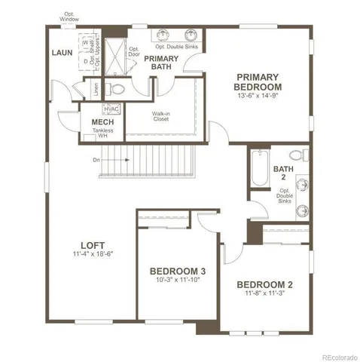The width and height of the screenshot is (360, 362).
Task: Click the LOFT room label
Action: click(x=93, y=245)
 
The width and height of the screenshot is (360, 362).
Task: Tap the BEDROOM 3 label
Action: click(x=178, y=271)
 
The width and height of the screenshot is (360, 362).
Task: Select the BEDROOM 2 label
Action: click(x=264, y=284)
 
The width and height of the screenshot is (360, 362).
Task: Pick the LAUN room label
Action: click(x=62, y=53)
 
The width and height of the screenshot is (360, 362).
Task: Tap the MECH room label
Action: click(x=102, y=123)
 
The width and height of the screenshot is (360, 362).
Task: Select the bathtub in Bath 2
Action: click(x=259, y=170)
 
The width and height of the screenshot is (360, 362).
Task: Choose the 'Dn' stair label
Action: click(x=96, y=160)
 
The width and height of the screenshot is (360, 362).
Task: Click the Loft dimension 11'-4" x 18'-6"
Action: click(x=93, y=255)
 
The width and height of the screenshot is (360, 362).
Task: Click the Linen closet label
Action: click(x=96, y=89)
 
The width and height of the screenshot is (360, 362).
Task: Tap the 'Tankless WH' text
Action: click(x=102, y=133)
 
